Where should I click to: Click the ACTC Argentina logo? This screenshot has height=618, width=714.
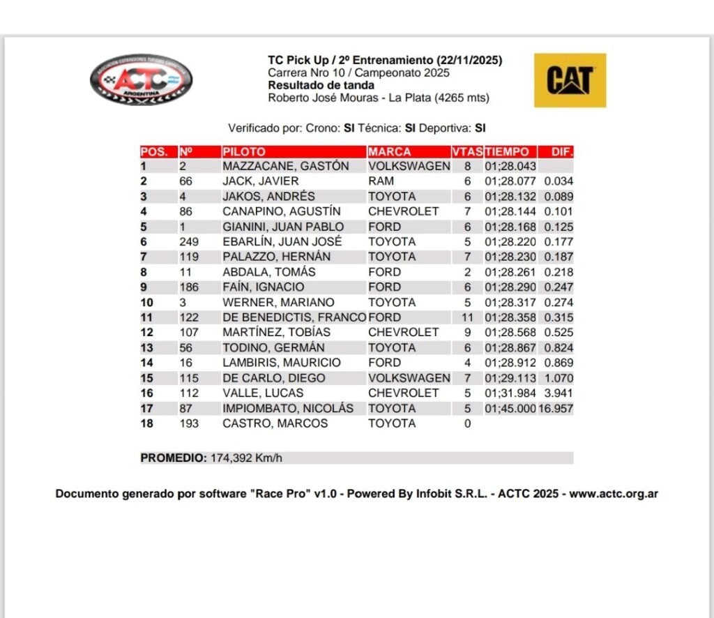[x=142, y=80]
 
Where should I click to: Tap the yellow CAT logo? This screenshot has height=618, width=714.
[x=570, y=80]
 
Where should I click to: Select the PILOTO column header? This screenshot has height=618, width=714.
[x=244, y=151]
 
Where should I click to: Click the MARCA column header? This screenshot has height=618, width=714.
[x=390, y=151]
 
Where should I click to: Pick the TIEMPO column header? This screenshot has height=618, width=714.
[x=508, y=151]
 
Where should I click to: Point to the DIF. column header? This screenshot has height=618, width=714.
[x=562, y=151]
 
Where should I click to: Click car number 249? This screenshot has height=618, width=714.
[x=189, y=242]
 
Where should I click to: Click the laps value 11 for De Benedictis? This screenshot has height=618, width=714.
[x=467, y=317]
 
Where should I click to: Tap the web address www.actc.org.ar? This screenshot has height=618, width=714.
[x=614, y=494]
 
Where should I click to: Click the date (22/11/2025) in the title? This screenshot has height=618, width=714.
[x=470, y=61]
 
